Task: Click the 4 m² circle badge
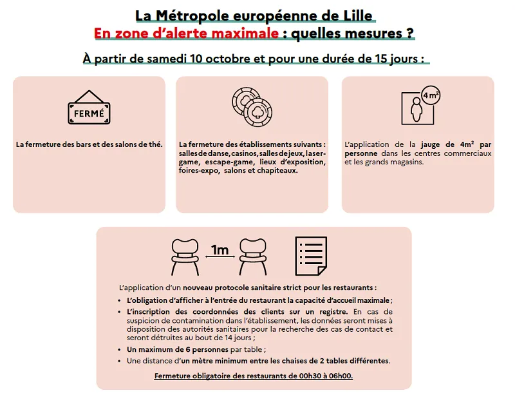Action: (x=431, y=97)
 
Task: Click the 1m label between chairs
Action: (x=220, y=249)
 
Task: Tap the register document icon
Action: (x=313, y=255)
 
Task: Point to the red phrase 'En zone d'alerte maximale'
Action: (x=187, y=32)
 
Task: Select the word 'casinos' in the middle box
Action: (x=241, y=154)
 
